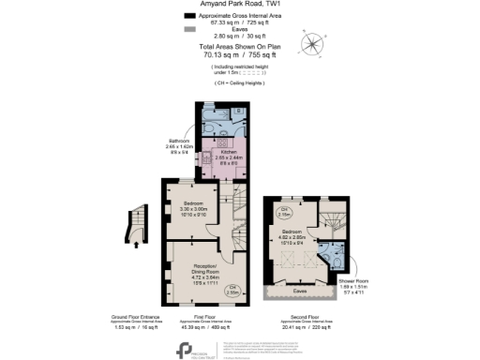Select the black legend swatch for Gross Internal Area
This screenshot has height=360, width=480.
click(190, 17)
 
